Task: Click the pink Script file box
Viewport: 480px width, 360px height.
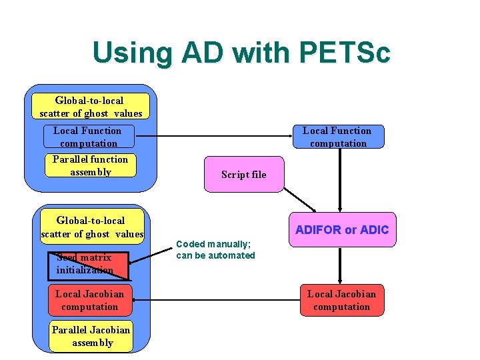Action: [x=243, y=175]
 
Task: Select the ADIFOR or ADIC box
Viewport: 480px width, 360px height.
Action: [x=341, y=230]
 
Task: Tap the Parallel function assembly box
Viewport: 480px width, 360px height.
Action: [x=90, y=165]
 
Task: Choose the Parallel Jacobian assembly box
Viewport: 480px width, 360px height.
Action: [x=91, y=336]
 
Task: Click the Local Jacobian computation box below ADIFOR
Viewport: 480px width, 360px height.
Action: [x=341, y=300]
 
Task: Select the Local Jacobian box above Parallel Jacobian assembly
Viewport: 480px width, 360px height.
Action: [x=89, y=300]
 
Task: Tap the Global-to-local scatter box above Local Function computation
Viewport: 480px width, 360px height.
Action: [x=90, y=107]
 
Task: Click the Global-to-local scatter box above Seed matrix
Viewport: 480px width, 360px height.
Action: [x=91, y=227]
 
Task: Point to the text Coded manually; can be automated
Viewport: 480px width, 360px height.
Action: [x=215, y=250]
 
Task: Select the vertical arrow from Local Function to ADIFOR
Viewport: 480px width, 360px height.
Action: [x=341, y=180]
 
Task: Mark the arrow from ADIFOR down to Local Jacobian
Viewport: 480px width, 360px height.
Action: [x=341, y=265]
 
